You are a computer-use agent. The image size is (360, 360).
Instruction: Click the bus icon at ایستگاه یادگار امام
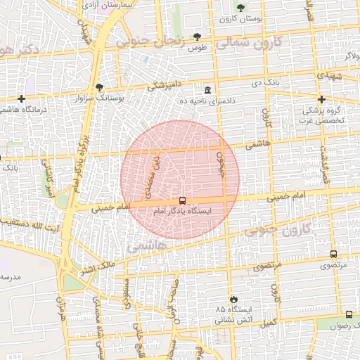click(183, 201)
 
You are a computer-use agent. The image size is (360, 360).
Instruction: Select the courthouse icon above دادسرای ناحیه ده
click(207, 91)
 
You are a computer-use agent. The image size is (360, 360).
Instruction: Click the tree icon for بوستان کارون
click(241, 8)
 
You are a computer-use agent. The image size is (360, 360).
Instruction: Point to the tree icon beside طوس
click(197, 36)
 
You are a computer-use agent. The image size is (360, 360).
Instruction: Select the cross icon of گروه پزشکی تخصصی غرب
click(322, 99)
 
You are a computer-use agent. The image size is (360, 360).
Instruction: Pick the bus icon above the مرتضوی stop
click(333, 254)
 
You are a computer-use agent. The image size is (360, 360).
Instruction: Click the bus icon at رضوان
click(349, 314)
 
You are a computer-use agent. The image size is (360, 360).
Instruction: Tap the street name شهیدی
click(328, 74)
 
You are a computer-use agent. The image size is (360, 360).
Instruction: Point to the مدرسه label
click(13, 277)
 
